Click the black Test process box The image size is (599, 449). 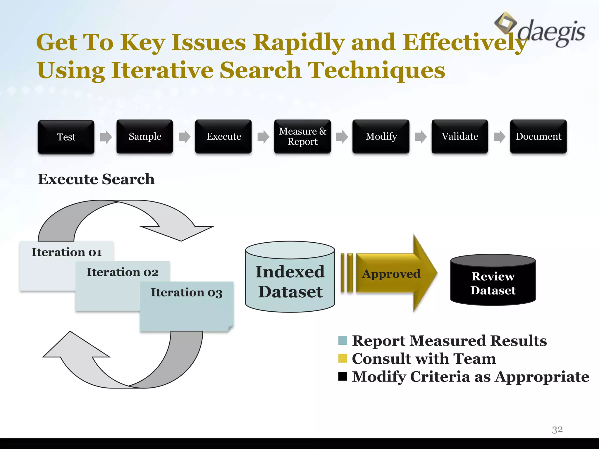66,137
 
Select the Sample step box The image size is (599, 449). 145,136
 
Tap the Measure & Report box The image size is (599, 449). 302,136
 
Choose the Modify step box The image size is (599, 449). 381,136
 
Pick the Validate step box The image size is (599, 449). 460,136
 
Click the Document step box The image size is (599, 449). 538,136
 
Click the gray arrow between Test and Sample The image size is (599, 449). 106,137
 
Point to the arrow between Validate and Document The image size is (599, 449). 499,137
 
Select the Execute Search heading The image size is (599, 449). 96,179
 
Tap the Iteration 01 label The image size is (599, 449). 67,252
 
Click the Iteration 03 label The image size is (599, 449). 187,292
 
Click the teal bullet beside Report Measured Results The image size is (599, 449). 342,341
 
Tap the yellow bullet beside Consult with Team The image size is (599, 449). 342,358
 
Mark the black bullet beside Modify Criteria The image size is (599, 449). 342,376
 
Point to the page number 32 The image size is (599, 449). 557,429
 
